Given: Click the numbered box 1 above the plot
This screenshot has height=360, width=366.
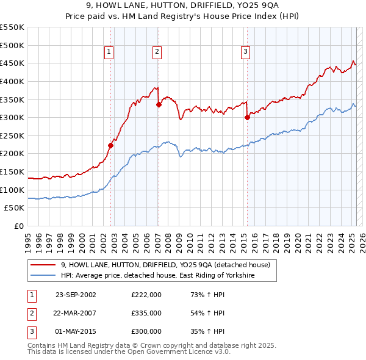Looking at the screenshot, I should click(109, 52).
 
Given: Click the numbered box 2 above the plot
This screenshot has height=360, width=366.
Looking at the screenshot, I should click(157, 52).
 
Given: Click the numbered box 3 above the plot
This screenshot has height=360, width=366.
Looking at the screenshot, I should click(245, 52).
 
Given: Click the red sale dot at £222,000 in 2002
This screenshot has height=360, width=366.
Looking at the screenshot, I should click(111, 145).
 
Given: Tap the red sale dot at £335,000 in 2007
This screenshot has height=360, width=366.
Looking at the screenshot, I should click(159, 104).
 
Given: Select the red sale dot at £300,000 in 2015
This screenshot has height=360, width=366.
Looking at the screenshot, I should click(247, 117).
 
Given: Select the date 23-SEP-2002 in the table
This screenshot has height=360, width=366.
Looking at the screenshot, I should click(76, 295).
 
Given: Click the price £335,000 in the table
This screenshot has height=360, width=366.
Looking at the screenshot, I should click(146, 313).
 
